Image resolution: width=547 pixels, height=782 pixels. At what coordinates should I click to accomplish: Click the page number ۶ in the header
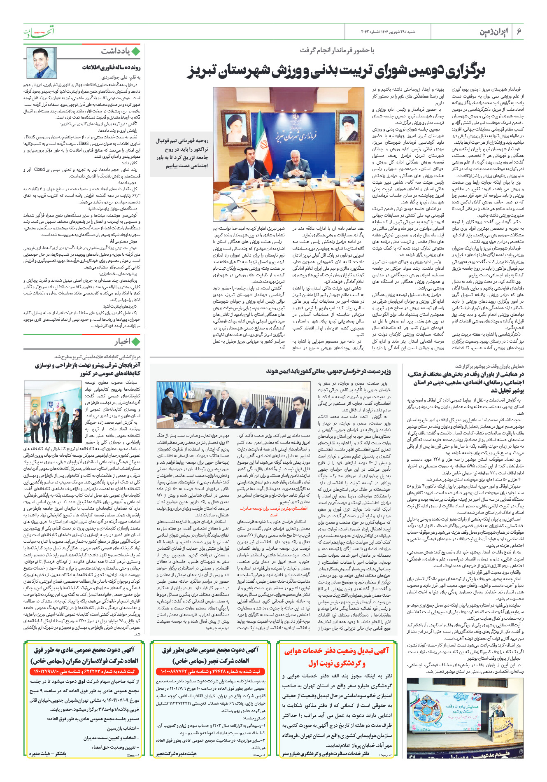(519, 32)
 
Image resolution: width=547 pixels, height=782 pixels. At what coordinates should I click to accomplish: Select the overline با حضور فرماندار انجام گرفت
(337, 50)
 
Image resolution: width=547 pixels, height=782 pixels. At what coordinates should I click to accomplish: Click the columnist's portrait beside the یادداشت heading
(42, 63)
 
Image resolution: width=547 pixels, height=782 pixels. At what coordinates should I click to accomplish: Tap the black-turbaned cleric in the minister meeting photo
(168, 404)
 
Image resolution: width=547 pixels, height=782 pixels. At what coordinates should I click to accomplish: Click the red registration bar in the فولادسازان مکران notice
(85, 672)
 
